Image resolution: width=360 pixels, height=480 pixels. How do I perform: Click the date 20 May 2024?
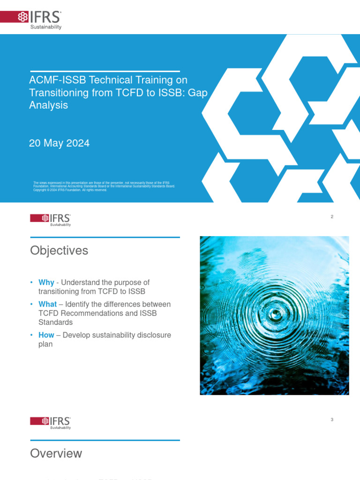[59, 143]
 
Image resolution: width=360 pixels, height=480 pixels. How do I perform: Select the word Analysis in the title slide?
[48, 105]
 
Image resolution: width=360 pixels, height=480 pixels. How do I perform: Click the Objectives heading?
[59, 251]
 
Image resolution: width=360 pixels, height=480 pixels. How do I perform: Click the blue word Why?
[46, 282]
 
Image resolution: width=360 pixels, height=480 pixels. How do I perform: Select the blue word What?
[47, 304]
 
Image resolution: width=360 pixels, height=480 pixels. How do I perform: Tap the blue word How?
[46, 335]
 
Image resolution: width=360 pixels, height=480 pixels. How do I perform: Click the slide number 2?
[332, 217]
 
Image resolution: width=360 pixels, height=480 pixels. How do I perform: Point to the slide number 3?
[332, 420]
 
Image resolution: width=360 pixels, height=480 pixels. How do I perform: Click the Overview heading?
[56, 453]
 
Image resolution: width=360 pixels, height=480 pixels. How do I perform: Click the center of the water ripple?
[276, 315]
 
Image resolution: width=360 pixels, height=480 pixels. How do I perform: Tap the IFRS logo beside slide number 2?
[51, 219]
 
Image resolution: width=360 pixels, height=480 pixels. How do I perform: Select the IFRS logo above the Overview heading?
[51, 422]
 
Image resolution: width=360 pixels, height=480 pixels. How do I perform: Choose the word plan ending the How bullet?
[45, 344]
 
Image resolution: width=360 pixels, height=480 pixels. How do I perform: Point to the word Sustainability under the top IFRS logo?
[46, 27]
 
